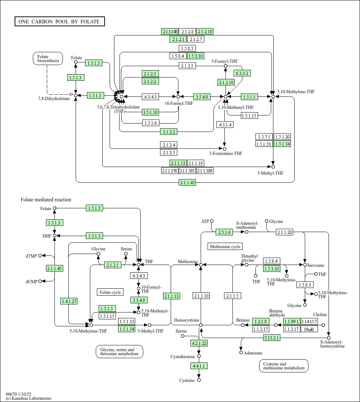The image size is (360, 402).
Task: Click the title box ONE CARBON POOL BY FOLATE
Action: pos(59,22)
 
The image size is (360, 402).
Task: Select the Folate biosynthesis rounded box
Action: pos(48,59)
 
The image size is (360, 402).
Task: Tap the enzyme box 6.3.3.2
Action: pos(242,73)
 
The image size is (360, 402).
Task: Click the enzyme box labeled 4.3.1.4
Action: pos(225,125)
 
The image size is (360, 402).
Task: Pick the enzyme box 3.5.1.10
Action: pos(151,112)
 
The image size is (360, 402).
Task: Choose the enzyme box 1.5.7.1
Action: pos(264,137)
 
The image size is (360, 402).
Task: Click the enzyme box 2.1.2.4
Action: pos(169,145)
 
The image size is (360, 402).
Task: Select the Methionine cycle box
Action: pos(225,247)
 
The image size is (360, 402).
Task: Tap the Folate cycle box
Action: pos(110,292)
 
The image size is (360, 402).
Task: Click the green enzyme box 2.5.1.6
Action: pos(224,232)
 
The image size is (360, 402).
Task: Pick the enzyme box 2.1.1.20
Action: pos(284,232)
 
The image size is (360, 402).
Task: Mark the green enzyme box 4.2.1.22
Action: pos(199,343)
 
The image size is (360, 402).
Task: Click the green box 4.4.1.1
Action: pos(199,365)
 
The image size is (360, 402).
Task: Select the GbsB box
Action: pos(309,329)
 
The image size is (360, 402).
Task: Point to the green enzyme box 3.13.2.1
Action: pos(272,338)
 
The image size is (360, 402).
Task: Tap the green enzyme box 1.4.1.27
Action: pos(69,301)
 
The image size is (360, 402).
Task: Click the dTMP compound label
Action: pos(31,256)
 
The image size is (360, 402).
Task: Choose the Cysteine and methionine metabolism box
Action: pos(284,366)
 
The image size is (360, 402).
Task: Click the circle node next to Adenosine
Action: pos(241,353)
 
